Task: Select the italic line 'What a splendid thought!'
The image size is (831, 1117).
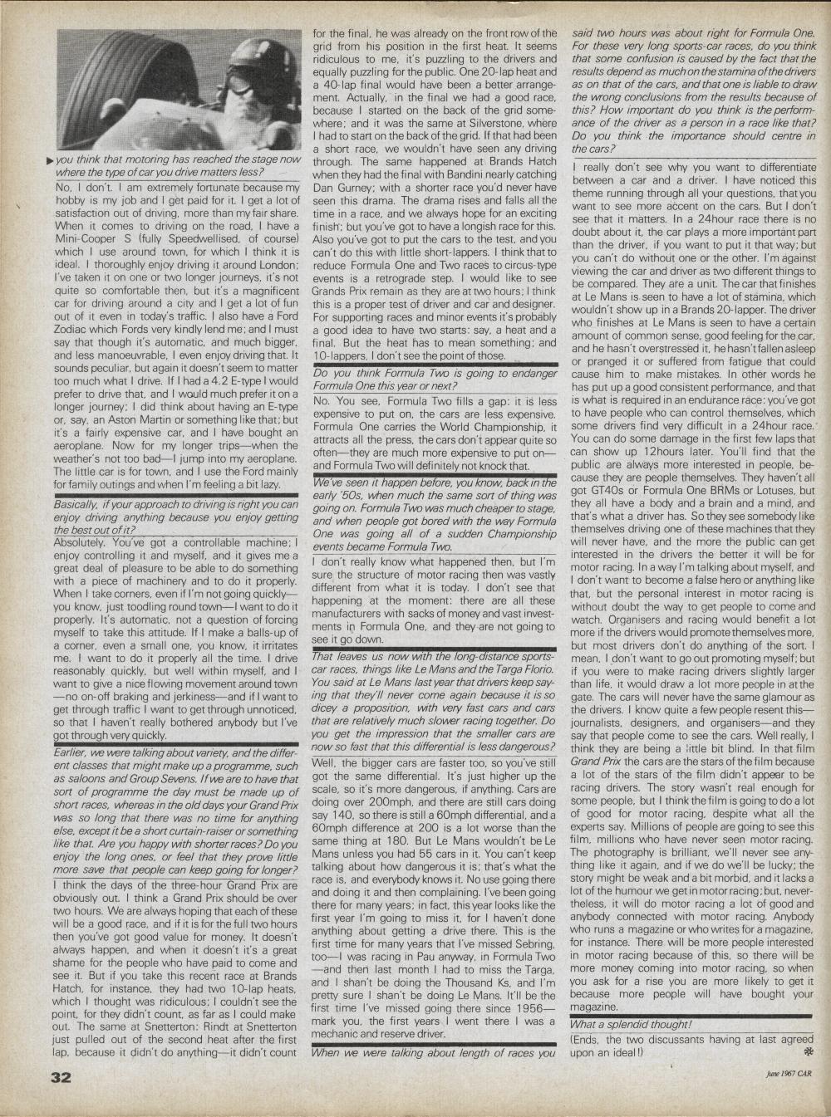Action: [x=631, y=1024]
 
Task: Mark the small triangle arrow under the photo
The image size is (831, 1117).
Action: [x=50, y=160]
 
